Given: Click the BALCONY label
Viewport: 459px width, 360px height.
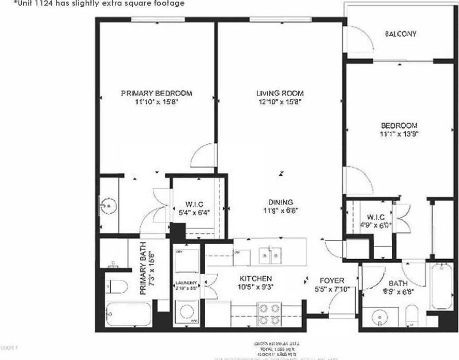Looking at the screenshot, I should (401, 34).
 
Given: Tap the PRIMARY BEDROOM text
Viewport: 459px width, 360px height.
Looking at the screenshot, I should (156, 94).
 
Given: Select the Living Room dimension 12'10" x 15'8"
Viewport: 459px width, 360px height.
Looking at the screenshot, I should (280, 102).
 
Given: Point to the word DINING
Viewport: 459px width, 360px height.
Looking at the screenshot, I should (281, 202).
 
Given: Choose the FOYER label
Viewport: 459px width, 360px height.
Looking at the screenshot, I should (328, 280).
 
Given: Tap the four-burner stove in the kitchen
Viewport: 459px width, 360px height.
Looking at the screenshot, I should (269, 311).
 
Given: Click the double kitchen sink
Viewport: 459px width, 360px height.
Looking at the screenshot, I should (270, 254).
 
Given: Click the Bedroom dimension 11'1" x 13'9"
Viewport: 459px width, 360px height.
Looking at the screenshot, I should (399, 133).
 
